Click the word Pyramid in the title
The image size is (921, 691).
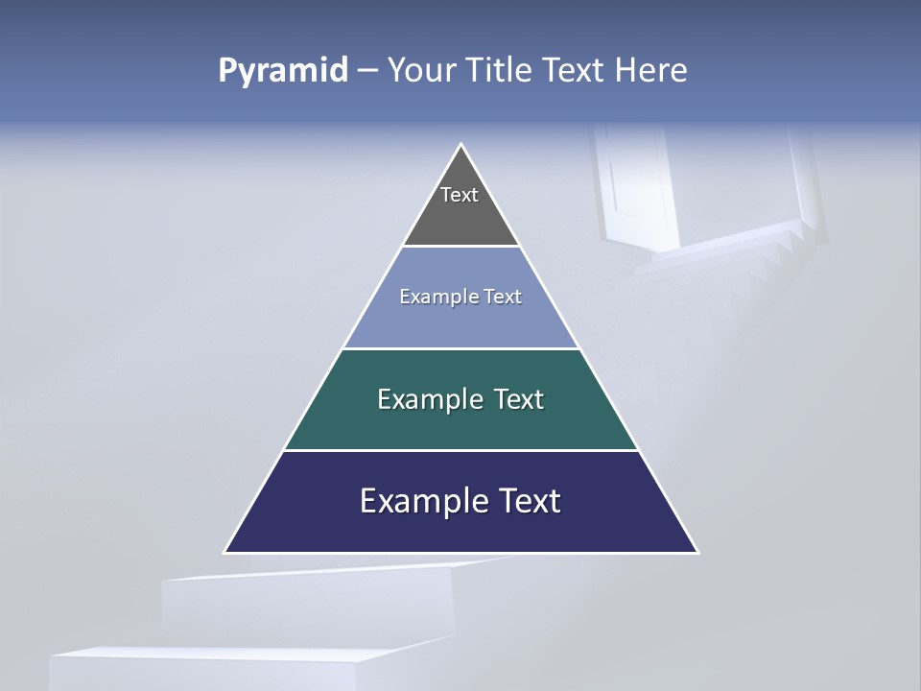click(x=282, y=71)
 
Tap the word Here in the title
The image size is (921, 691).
click(x=650, y=70)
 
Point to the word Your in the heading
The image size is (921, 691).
click(x=421, y=70)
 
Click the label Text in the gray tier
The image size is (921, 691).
click(x=460, y=195)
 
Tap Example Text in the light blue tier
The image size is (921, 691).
click(x=460, y=297)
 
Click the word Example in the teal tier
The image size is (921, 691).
click(x=419, y=399)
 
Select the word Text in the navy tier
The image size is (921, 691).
click(x=527, y=501)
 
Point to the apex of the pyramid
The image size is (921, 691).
click(x=461, y=146)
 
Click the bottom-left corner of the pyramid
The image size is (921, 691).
click(x=226, y=552)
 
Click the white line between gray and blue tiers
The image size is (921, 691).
click(x=460, y=246)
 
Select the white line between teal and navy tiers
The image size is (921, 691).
click(x=460, y=450)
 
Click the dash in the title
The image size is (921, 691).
click(x=367, y=71)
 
